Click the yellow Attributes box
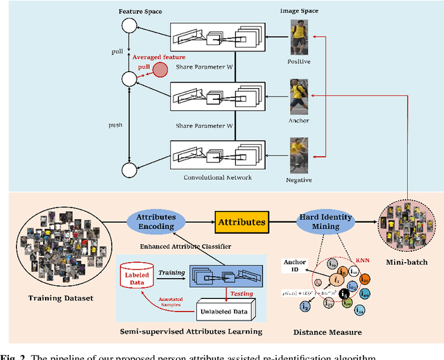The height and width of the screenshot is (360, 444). click(241, 222)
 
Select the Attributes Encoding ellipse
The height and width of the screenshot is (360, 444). click(156, 221)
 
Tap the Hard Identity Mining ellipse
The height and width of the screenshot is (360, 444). click(325, 222)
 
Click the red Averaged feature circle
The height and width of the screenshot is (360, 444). click(160, 69)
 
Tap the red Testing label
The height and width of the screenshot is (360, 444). click(241, 293)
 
